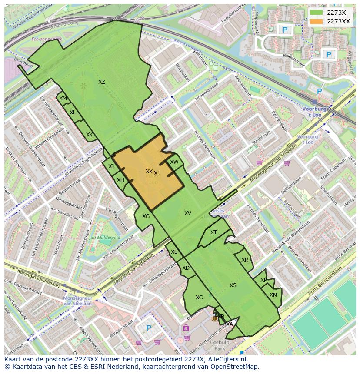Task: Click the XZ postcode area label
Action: (x=101, y=82)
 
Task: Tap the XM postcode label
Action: (x=63, y=99)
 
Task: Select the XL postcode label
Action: (x=73, y=113)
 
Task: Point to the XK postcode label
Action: (x=89, y=135)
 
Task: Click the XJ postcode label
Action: (x=111, y=166)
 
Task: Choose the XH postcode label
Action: (x=120, y=180)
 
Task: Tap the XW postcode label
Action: (x=174, y=162)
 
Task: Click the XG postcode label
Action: (x=146, y=216)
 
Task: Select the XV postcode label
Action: (x=188, y=213)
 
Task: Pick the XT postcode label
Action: (x=213, y=232)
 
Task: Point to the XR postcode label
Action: (x=245, y=260)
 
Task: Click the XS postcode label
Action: (x=233, y=285)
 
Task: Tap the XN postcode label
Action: (x=273, y=295)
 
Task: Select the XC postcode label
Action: (x=199, y=298)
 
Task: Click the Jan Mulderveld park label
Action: (x=104, y=238)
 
